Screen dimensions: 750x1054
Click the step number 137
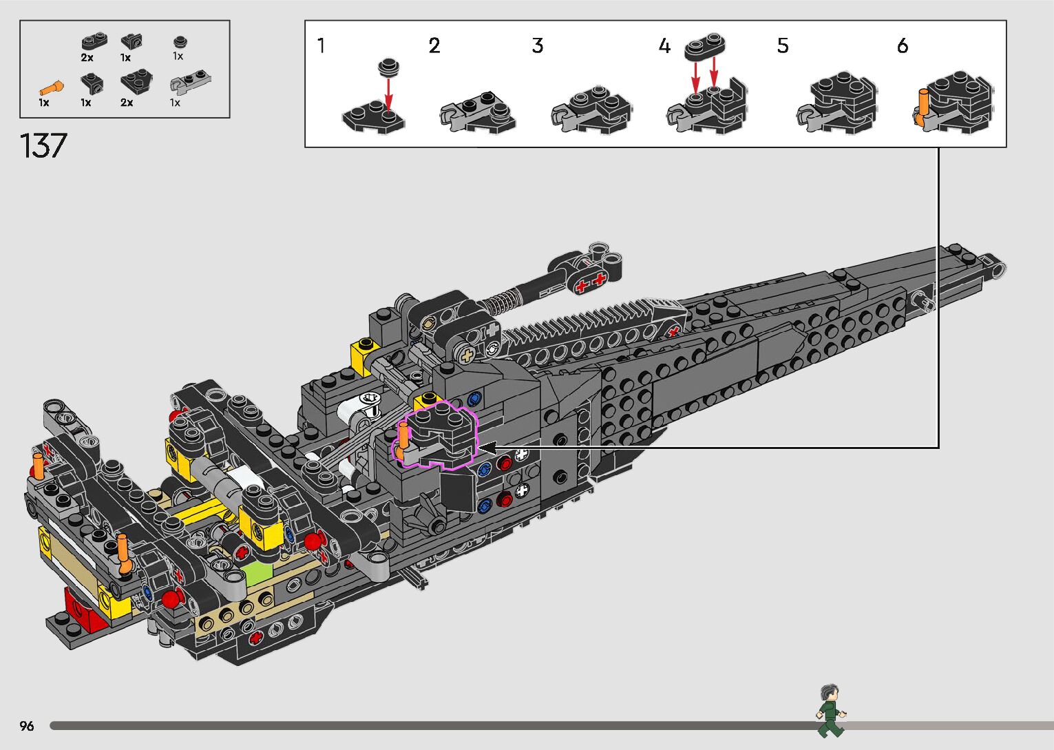pos(43,146)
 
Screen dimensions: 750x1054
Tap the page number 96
pos(27,726)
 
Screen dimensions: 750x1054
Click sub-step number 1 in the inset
pos(321,46)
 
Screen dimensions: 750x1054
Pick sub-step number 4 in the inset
pos(664,46)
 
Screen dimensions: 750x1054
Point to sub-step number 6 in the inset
pos(902,46)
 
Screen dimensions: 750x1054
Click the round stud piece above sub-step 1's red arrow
pos(388,67)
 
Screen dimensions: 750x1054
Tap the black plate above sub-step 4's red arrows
pos(705,46)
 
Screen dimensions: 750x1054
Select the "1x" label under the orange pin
pos(44,103)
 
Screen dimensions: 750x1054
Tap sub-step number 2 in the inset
pos(434,46)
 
